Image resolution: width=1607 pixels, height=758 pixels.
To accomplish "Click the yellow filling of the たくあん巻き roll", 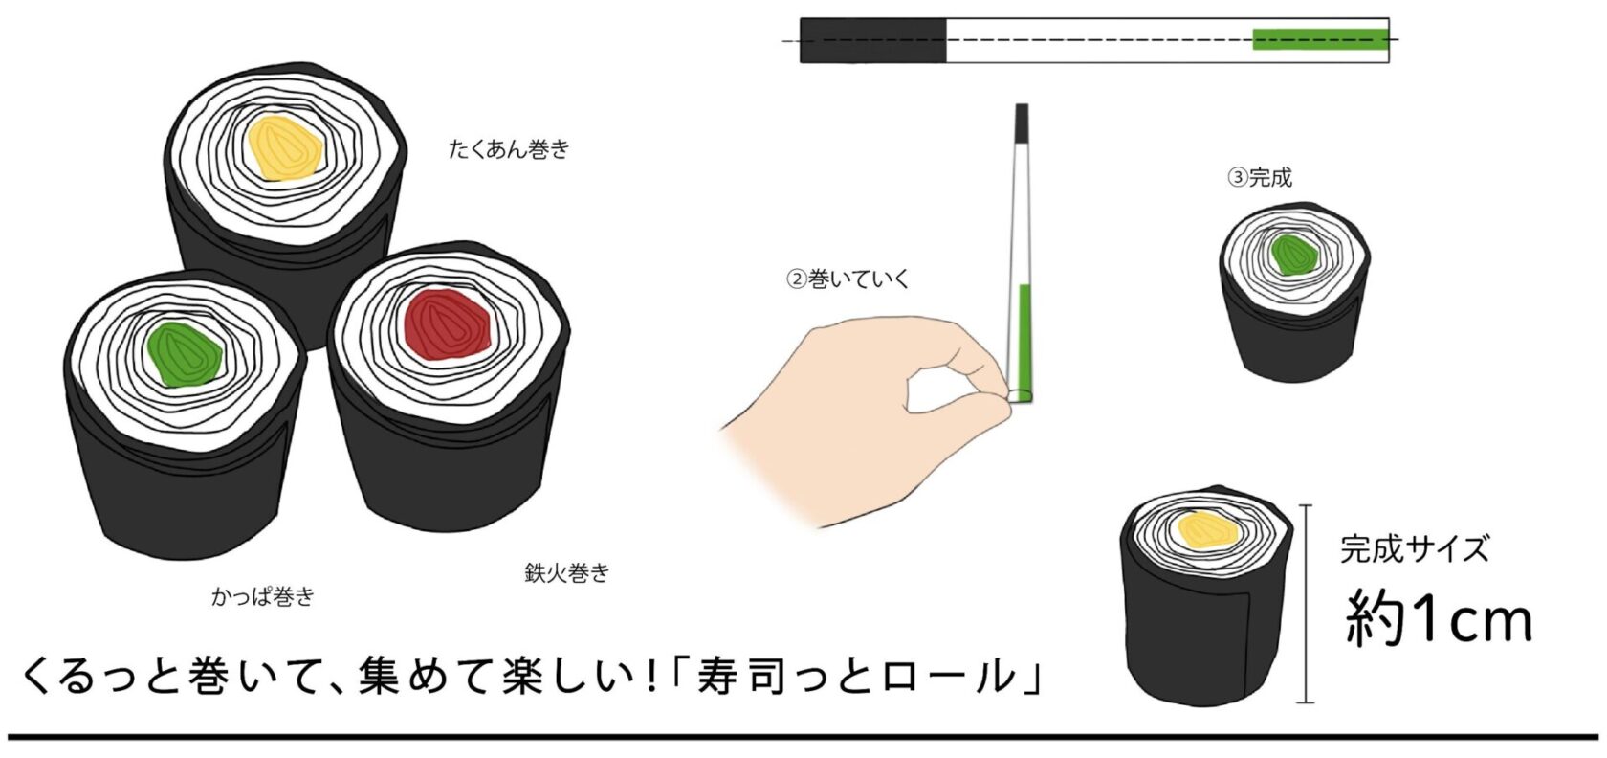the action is (285, 148).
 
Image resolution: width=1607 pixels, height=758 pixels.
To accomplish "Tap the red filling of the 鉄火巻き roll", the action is (448, 323).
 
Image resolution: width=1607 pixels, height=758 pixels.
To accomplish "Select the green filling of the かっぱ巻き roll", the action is (184, 354).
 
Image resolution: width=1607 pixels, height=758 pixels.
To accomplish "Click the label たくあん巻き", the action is (509, 149).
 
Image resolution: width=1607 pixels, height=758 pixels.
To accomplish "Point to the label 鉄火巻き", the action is (566, 572).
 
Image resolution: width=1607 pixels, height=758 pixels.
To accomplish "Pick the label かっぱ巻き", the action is (262, 596).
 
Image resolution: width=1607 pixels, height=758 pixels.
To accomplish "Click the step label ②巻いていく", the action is (848, 279).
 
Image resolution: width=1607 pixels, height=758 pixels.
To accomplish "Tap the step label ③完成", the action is (1260, 177).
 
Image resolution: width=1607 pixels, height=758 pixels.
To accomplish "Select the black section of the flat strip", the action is (873, 40).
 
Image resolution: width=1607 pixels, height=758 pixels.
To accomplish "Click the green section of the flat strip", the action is (1320, 39).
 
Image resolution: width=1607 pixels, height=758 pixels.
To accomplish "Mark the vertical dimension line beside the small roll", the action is (1306, 604).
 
